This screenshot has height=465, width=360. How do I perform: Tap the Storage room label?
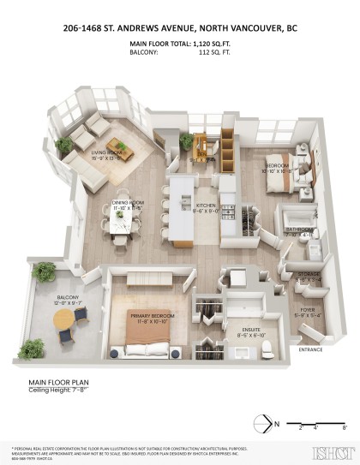[309, 276]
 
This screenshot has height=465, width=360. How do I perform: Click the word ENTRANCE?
[310, 350]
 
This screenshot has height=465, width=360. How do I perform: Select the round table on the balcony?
[65, 317]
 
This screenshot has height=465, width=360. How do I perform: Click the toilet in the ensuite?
[266, 347]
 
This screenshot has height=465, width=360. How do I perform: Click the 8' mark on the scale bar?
[345, 426]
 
